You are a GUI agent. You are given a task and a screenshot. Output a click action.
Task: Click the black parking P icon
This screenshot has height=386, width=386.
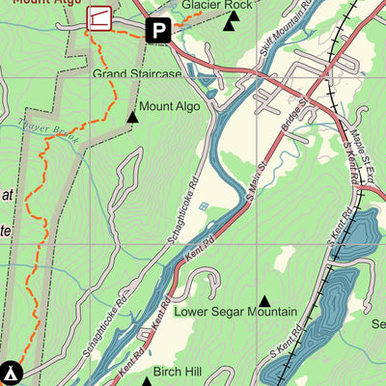158,31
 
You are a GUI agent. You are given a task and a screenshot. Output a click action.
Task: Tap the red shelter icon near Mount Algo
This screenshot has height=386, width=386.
98,16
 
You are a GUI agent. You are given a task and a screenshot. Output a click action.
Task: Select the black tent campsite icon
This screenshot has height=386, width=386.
11,371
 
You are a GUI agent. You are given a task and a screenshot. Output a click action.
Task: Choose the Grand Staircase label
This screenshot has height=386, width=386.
136,73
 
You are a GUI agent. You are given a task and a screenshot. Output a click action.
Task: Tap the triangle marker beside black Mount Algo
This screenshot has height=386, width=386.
132,117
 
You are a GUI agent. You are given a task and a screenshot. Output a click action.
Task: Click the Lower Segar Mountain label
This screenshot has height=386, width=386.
234,312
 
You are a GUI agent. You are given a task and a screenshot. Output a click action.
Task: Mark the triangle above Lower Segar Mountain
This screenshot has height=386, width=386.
264,300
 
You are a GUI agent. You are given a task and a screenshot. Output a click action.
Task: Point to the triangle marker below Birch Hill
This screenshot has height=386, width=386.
147,382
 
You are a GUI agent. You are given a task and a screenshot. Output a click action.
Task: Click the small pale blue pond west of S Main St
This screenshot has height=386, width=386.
202,207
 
